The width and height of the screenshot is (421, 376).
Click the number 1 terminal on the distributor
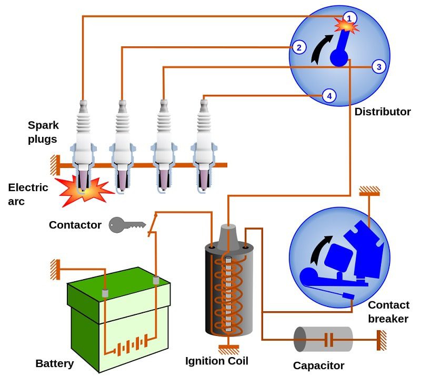tap(349, 18)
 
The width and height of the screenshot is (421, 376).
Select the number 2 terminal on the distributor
tap(298, 47)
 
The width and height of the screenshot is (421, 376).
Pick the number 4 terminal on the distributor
tap(329, 96)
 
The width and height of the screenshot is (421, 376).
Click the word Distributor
tap(383, 112)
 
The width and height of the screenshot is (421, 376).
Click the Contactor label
tap(75, 225)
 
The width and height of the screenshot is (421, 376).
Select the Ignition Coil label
tap(217, 361)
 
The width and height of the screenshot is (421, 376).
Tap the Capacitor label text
tap(319, 365)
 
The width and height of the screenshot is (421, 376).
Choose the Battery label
tap(55, 363)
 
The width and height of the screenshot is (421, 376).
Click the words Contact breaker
tap(388, 312)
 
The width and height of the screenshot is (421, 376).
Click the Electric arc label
tap(28, 194)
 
